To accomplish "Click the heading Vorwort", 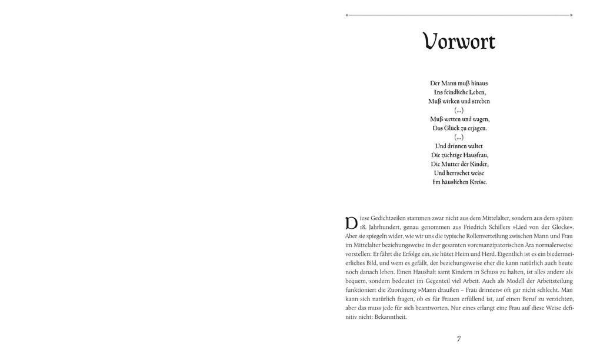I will pos(459,42).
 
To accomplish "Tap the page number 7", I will pos(459,339).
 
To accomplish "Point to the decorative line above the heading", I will pos(459,15).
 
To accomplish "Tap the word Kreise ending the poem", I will pos(475,182).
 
